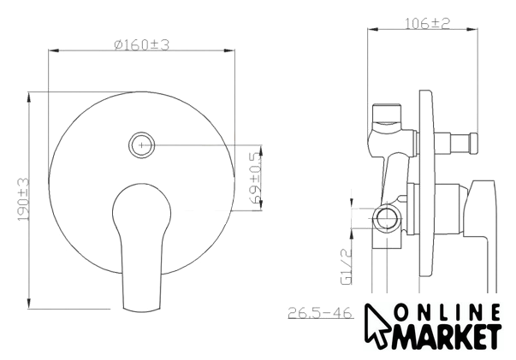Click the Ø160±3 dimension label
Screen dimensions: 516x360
point(142,44)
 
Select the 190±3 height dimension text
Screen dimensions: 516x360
point(24,199)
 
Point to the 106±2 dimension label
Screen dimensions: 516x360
point(427,23)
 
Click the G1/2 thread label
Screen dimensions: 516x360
point(347,266)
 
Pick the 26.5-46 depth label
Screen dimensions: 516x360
point(320,313)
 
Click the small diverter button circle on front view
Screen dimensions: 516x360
point(141,145)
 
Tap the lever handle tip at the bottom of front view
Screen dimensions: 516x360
point(142,309)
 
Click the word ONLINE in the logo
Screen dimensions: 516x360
point(448,313)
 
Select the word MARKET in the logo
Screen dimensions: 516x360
point(448,337)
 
